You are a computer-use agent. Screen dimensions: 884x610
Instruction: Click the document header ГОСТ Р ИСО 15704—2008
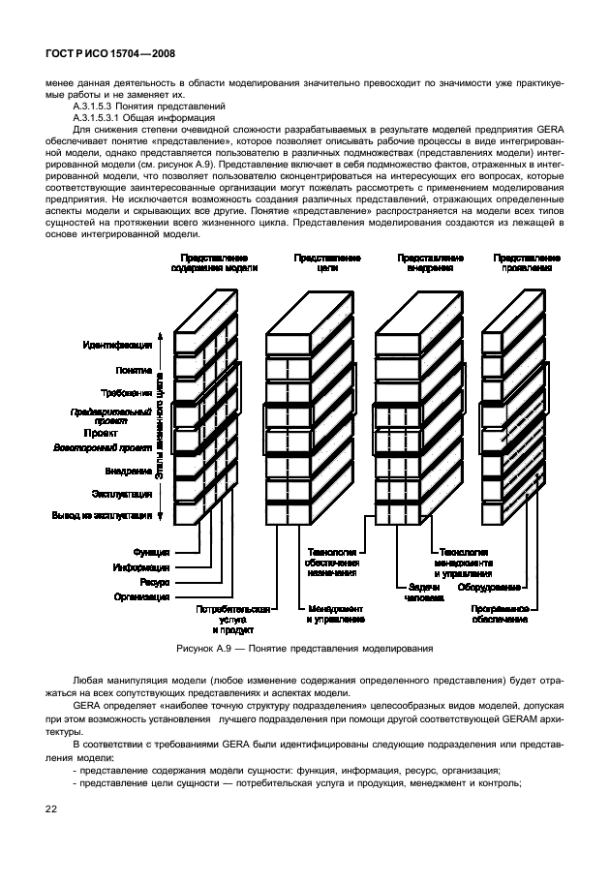109,55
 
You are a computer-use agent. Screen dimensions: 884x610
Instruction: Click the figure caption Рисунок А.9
304,648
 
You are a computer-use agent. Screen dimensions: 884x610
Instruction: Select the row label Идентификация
117,345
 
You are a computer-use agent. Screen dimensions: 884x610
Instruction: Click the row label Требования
126,393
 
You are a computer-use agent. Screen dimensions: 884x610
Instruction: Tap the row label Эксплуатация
121,494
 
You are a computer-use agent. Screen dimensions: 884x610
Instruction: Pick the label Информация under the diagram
141,567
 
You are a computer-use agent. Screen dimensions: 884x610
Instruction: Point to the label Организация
140,597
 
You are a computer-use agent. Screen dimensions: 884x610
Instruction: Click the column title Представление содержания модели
215,263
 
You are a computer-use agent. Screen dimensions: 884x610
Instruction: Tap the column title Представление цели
327,263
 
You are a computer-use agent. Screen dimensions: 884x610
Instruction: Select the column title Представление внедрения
430,263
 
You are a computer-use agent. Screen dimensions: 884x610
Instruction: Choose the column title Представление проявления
527,263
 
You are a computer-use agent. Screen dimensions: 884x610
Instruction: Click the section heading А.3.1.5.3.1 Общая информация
149,117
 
